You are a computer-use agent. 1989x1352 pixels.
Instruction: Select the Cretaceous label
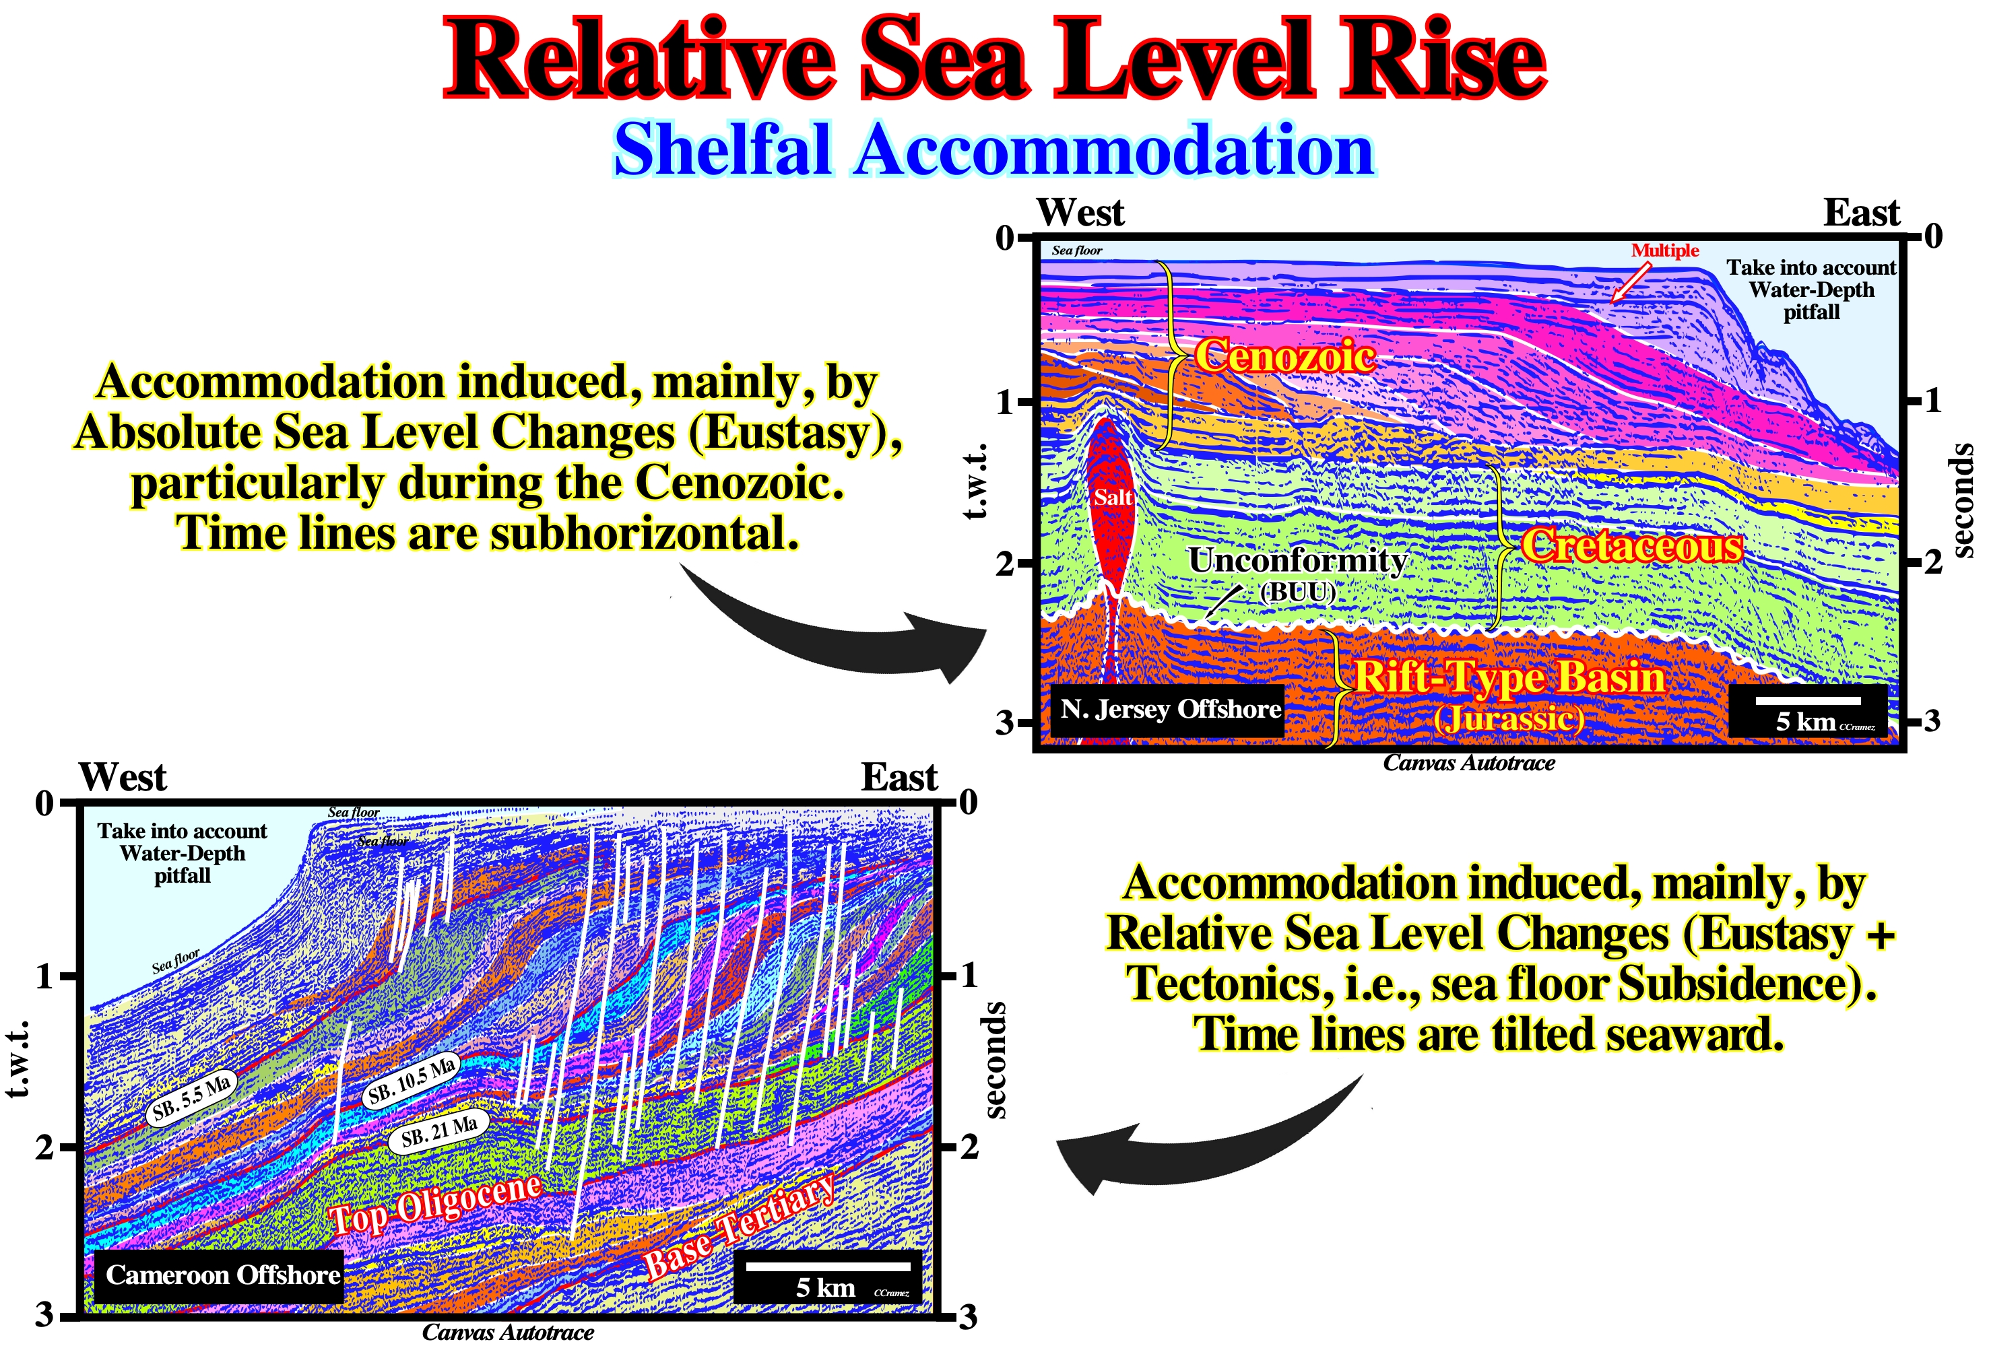(x=1631, y=546)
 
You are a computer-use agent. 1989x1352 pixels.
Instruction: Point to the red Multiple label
(x=1664, y=250)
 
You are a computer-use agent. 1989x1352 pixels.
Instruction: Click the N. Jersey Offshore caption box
(x=1170, y=710)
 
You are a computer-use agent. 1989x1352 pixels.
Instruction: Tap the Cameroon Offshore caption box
(x=222, y=1275)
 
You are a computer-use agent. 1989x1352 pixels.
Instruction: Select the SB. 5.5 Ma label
(x=192, y=1099)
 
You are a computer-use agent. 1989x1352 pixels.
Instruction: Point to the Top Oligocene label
(x=436, y=1203)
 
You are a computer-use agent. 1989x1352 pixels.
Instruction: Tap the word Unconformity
(x=1297, y=560)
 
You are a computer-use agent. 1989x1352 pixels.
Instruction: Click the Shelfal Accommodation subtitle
(x=993, y=149)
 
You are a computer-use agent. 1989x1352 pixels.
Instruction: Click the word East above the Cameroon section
(x=899, y=777)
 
